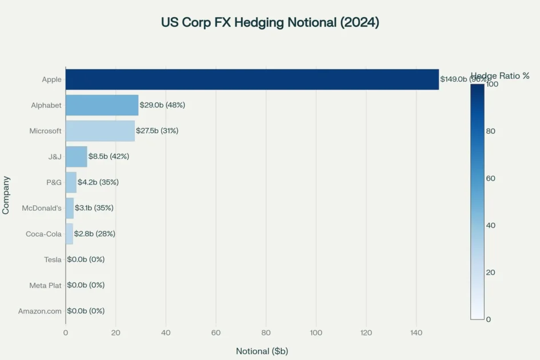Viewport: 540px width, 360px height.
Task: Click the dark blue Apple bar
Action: click(x=252, y=79)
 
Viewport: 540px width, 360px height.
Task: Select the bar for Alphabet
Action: click(x=102, y=105)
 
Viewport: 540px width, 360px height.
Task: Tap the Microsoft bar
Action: click(x=100, y=131)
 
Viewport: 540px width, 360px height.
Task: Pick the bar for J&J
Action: click(x=76, y=157)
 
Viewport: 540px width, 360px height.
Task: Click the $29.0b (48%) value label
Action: click(x=162, y=105)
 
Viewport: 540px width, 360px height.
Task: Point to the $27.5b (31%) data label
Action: click(x=157, y=131)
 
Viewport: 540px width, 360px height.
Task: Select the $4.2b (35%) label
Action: click(x=98, y=182)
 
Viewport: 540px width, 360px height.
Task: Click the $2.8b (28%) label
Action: click(x=95, y=234)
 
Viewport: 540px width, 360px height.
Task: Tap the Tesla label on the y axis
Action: click(x=53, y=259)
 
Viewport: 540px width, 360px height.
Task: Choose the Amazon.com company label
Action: click(x=40, y=311)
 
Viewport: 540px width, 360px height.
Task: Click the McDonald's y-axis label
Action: click(x=42, y=208)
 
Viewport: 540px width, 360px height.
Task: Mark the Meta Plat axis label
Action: click(x=46, y=285)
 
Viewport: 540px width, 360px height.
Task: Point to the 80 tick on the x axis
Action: click(x=266, y=333)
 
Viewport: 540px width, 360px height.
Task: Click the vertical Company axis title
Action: click(x=6, y=195)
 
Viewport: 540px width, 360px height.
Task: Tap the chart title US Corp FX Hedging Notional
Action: click(x=270, y=23)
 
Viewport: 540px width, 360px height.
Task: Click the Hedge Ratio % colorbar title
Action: click(x=500, y=75)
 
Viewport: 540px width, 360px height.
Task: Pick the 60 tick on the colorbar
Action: click(x=490, y=178)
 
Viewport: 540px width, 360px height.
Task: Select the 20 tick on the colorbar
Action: click(x=490, y=272)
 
